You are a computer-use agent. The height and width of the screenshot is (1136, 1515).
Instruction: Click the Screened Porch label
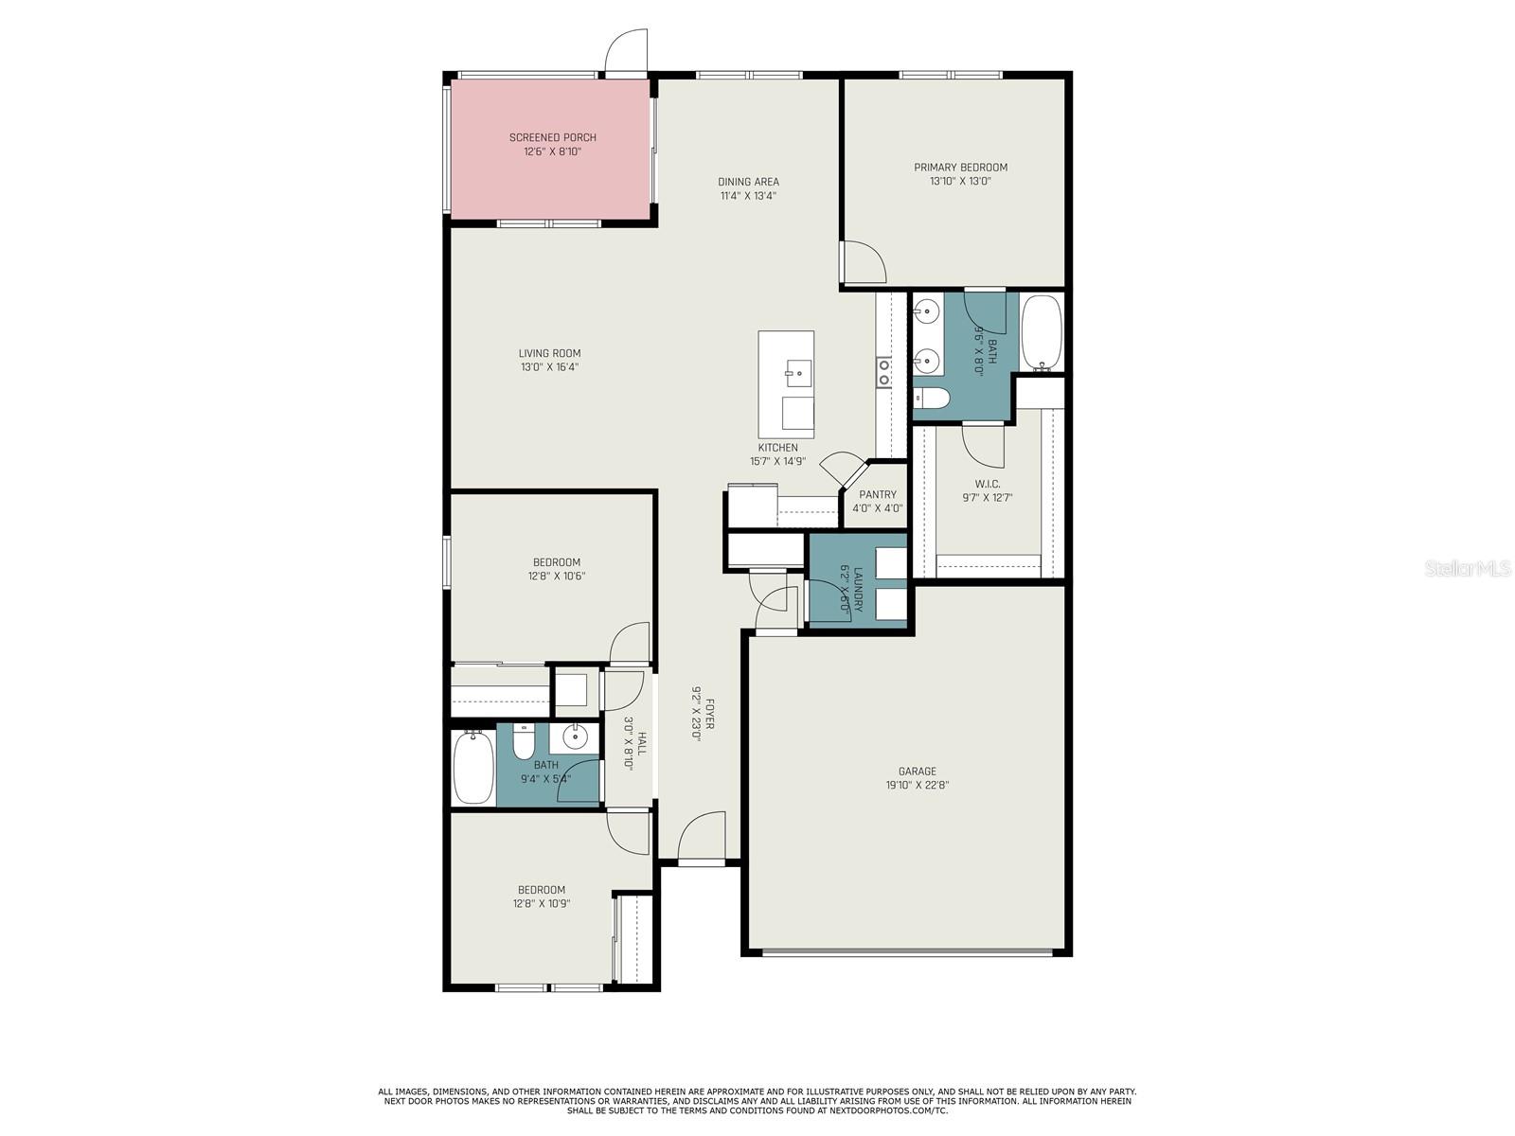(x=552, y=137)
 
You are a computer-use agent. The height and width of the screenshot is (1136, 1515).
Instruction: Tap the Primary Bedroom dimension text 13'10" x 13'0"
(x=960, y=182)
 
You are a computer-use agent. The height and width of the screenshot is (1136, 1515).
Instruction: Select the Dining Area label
(x=748, y=182)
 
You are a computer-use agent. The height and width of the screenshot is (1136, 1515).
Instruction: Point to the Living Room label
(x=549, y=353)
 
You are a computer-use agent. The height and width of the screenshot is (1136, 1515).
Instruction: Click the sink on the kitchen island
(x=798, y=373)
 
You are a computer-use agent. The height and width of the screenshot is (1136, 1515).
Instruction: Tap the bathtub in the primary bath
(x=1041, y=333)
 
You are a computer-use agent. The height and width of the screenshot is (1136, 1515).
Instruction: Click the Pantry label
(x=877, y=494)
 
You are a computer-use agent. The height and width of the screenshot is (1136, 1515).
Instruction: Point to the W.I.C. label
(x=987, y=484)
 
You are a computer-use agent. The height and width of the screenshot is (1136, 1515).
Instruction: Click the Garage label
(x=918, y=772)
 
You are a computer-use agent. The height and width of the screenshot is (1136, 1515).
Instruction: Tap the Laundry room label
(x=858, y=590)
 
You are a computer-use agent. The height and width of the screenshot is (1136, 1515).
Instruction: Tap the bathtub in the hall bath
(x=473, y=766)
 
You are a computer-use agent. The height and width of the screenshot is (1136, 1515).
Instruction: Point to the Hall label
(x=643, y=743)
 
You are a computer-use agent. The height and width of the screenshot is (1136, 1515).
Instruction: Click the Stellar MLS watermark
(x=1467, y=569)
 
